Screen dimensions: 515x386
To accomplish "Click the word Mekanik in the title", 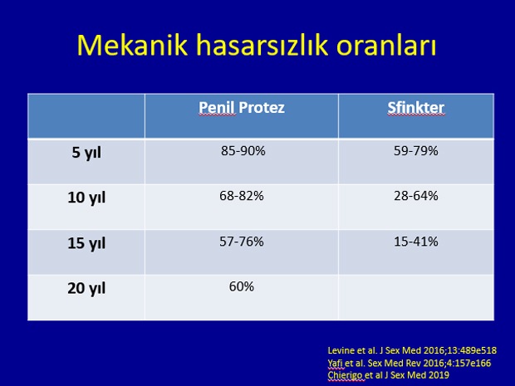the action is click(132, 45).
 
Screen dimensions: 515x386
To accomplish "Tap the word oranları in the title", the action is click(386, 45).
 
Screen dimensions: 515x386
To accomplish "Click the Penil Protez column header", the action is click(242, 108).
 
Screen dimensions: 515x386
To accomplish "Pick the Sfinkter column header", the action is click(416, 108).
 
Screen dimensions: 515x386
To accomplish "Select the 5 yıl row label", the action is click(86, 153).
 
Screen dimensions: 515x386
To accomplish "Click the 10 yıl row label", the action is click(86, 198).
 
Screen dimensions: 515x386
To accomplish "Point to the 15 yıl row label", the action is click(86, 243).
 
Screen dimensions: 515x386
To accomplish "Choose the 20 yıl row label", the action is click(86, 288).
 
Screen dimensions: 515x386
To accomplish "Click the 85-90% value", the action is click(243, 150).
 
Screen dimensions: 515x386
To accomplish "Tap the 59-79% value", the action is click(416, 150).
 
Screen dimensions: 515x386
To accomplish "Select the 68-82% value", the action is click(242, 196).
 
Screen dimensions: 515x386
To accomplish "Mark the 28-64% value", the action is click(416, 196).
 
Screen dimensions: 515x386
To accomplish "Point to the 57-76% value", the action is click(242, 242).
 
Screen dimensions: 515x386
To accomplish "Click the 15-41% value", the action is click(416, 242).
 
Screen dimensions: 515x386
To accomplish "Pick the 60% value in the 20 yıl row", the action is click(242, 286).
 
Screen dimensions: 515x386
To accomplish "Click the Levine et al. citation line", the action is click(412, 350).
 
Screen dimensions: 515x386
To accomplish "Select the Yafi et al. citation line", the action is click(410, 363).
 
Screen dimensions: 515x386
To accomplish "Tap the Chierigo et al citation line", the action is click(388, 375).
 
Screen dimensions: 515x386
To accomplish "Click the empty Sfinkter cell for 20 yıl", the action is click(416, 297).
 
